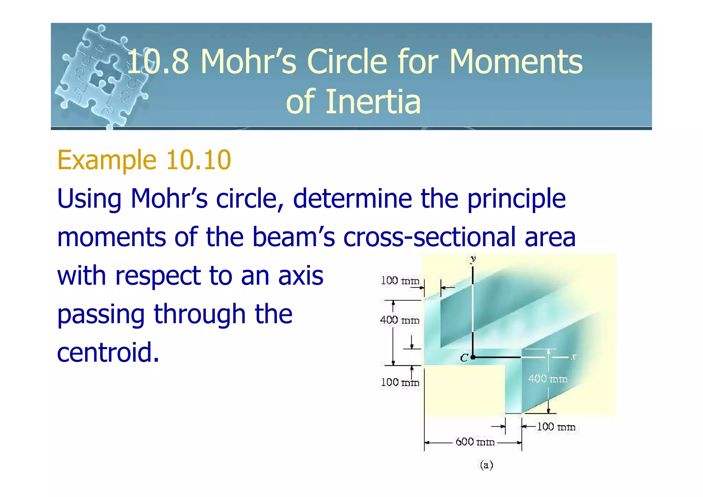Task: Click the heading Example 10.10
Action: click(144, 160)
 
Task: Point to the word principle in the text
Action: click(516, 199)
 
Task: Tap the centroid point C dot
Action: click(473, 358)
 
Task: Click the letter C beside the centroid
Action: click(464, 358)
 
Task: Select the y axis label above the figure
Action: click(473, 259)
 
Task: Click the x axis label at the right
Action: click(573, 358)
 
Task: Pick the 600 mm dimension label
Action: click(475, 442)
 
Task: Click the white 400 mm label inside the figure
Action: click(548, 379)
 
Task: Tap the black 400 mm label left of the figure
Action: click(400, 320)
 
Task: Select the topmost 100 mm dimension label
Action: click(400, 281)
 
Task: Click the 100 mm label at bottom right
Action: click(556, 427)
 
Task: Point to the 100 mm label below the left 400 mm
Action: click(400, 382)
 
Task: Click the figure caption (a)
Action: click(486, 465)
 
